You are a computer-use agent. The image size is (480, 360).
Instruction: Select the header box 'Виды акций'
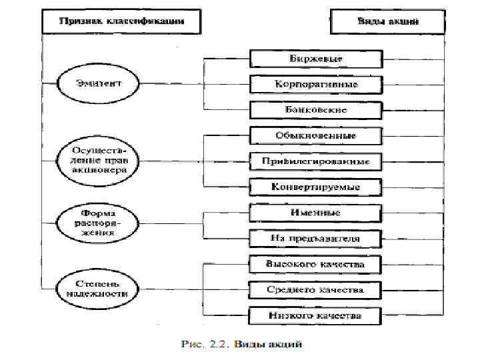pos(387,21)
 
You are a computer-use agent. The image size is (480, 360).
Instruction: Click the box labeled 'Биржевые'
pos(316,59)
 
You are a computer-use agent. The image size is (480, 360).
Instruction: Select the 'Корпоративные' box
pos(316,85)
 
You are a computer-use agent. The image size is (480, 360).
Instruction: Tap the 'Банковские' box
pos(316,109)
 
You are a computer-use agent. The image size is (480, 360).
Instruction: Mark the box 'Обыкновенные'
pos(316,136)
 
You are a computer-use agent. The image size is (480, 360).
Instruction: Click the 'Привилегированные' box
pos(316,161)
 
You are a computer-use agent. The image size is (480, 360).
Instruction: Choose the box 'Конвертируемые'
pos(316,187)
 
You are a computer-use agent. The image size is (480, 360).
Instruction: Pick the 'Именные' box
pos(316,213)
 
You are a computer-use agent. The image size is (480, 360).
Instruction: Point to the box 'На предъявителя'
pos(316,239)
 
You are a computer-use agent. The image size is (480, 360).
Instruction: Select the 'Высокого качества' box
pos(316,265)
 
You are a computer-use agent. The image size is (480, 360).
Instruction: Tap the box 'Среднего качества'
pos(316,291)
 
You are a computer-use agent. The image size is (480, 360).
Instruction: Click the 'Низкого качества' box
pos(316,315)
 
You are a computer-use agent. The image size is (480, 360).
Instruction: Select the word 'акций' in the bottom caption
pos(288,345)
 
